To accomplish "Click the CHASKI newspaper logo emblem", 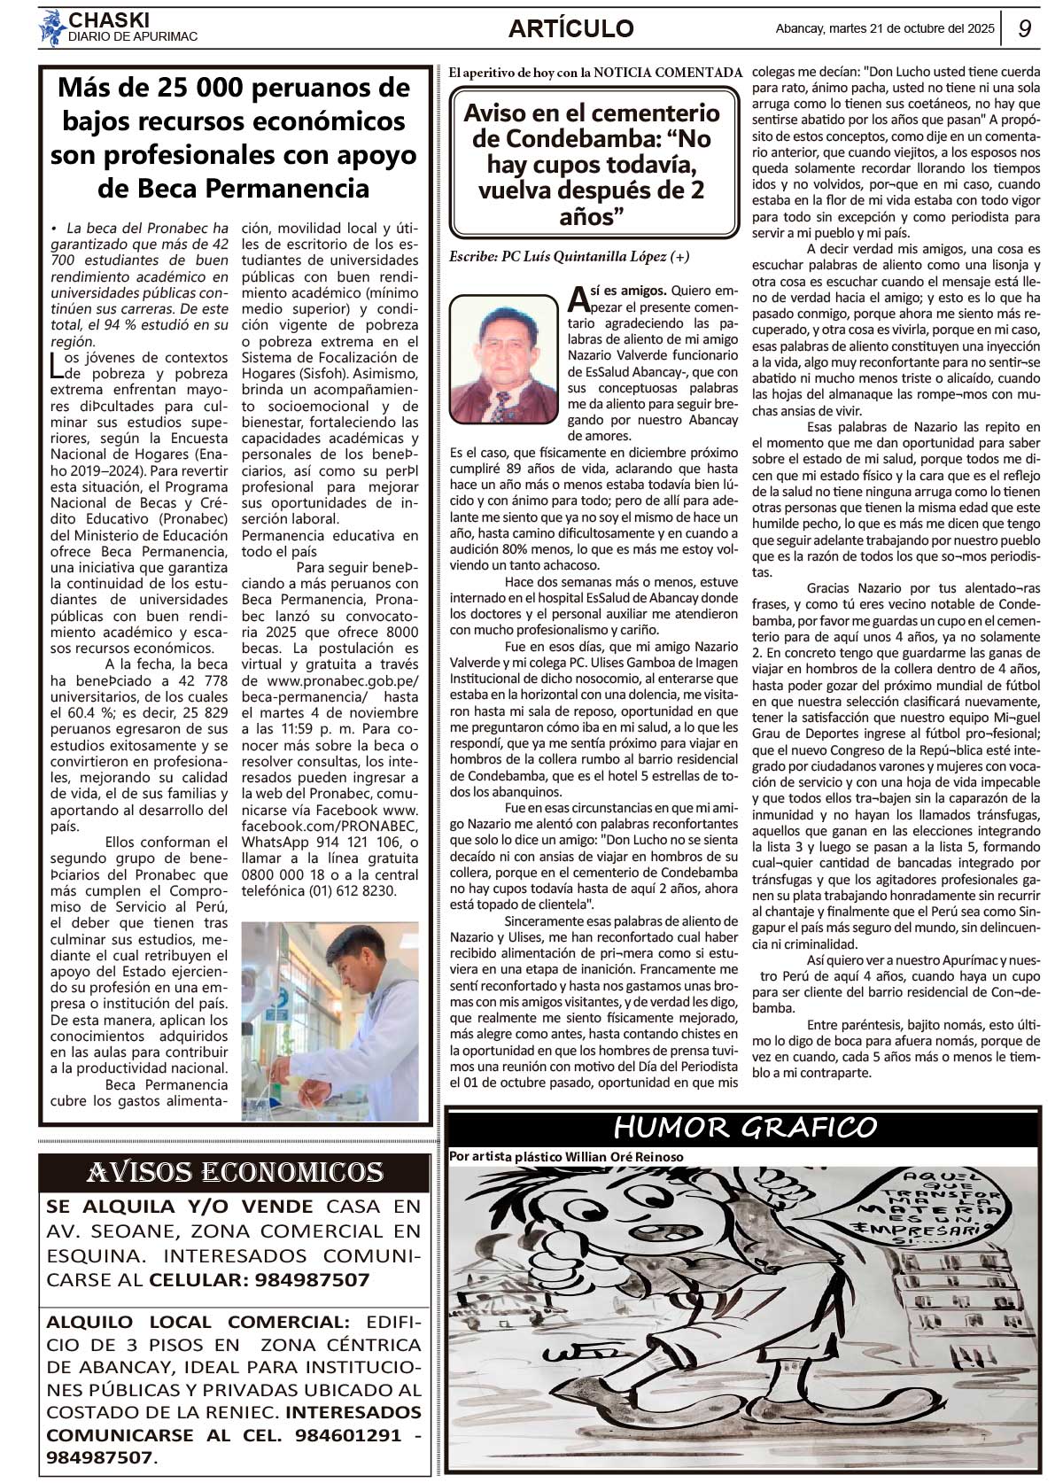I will click(x=52, y=27).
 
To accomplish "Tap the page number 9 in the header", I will click(x=1024, y=28).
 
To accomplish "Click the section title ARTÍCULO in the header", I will click(x=570, y=29).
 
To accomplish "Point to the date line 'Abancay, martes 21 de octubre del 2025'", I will click(x=884, y=28).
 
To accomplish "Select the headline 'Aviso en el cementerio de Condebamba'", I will click(x=593, y=164).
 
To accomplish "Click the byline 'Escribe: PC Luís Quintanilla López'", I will click(x=569, y=257).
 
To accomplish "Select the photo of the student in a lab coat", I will click(x=330, y=1021).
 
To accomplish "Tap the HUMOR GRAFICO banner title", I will click(x=744, y=1128).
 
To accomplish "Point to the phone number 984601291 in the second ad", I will click(x=348, y=1434).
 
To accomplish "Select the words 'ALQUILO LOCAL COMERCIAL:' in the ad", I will click(x=198, y=1322).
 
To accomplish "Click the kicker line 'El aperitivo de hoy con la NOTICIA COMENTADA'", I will click(x=594, y=72).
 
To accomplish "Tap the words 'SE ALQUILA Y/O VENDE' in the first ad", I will click(x=180, y=1206).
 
